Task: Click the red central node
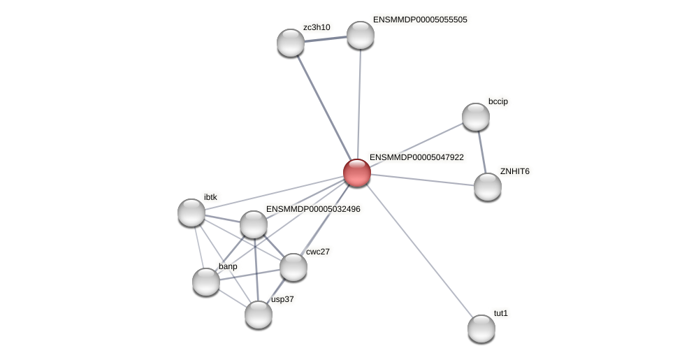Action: [356, 173]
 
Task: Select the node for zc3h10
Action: [291, 43]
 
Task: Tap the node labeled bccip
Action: [476, 117]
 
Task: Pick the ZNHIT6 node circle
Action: [488, 187]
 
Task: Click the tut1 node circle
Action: [481, 329]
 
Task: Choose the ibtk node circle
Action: [191, 213]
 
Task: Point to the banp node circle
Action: [206, 282]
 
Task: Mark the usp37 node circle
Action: [259, 315]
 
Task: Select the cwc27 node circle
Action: [293, 267]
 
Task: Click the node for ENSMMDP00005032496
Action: [254, 224]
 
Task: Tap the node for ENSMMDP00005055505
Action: [361, 35]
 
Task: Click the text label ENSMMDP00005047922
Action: [416, 158]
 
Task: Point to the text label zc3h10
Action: [317, 27]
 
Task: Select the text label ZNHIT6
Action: [514, 171]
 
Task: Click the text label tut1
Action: [501, 313]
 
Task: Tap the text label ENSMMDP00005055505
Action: [420, 20]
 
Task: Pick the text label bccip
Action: [498, 101]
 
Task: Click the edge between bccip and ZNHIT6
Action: [482, 152]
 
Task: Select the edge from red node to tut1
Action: [419, 251]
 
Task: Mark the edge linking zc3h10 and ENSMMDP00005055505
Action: [326, 39]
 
